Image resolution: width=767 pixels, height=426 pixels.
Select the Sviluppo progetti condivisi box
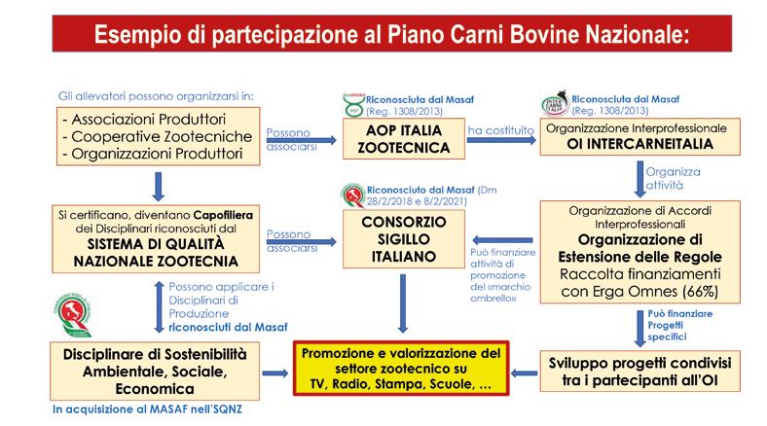click(x=640, y=373)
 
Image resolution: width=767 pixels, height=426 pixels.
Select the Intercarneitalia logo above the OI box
click(x=556, y=102)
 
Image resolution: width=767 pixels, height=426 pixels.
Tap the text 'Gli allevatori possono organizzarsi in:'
click(x=142, y=97)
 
